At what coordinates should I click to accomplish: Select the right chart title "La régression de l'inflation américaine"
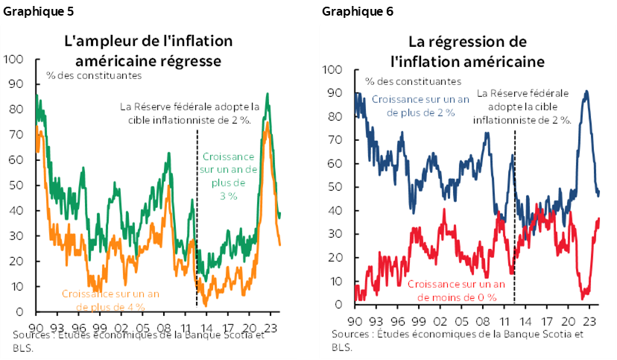pos(467,50)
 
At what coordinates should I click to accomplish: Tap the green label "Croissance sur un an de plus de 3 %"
pos(228,176)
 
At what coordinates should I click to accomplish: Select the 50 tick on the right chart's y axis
pos(335,186)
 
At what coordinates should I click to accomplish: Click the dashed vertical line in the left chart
pos(196,224)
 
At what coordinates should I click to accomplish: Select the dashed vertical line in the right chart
pos(515,224)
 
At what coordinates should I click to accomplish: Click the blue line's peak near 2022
pos(586,92)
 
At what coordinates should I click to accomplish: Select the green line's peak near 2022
pos(268,94)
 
